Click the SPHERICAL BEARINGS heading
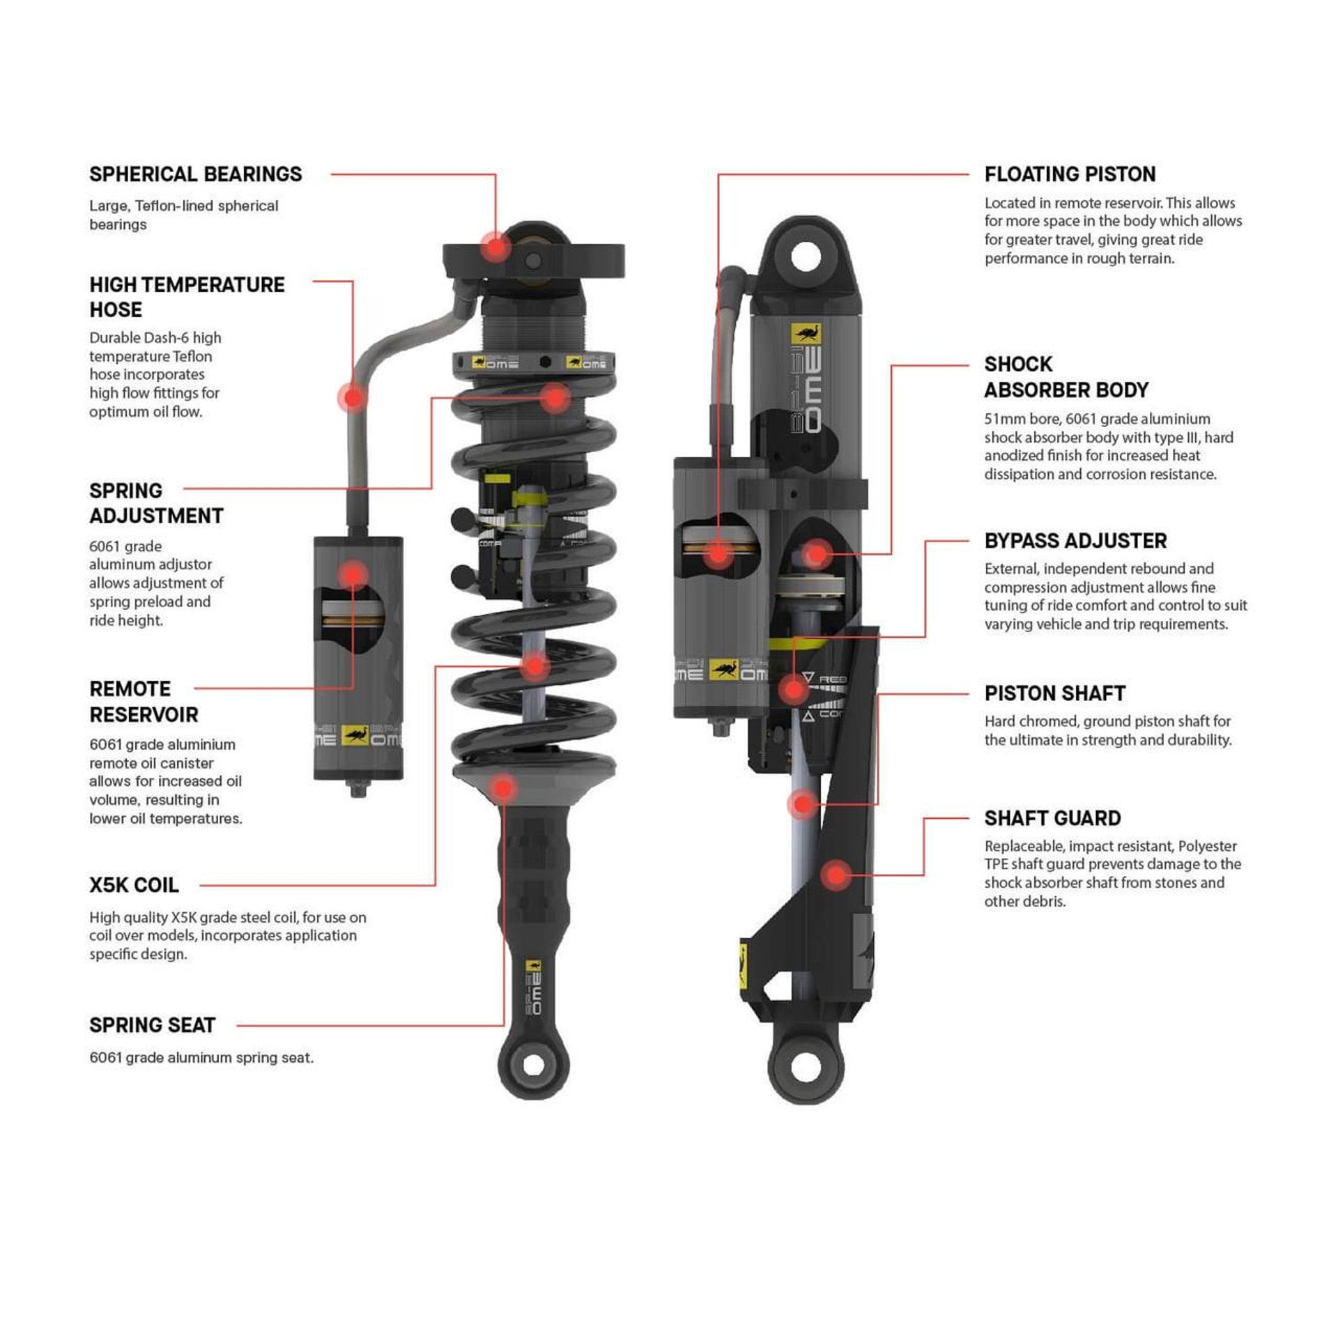(x=195, y=174)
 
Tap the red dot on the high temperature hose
(x=353, y=397)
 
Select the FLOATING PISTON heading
(x=1070, y=174)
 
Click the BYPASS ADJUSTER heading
(x=1075, y=541)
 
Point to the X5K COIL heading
(x=134, y=885)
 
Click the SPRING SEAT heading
(x=152, y=1025)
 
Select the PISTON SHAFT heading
(x=1054, y=693)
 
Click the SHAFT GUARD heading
(x=1052, y=818)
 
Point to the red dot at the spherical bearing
(x=495, y=247)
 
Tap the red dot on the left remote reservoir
(x=353, y=575)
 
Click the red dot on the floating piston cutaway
(x=717, y=554)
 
